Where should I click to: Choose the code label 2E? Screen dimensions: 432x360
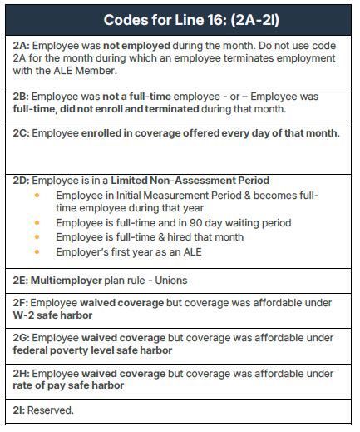pyautogui.click(x=22, y=281)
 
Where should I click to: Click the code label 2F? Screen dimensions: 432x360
pyautogui.click(x=22, y=303)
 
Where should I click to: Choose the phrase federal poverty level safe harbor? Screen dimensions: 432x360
pyautogui.click(x=93, y=350)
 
